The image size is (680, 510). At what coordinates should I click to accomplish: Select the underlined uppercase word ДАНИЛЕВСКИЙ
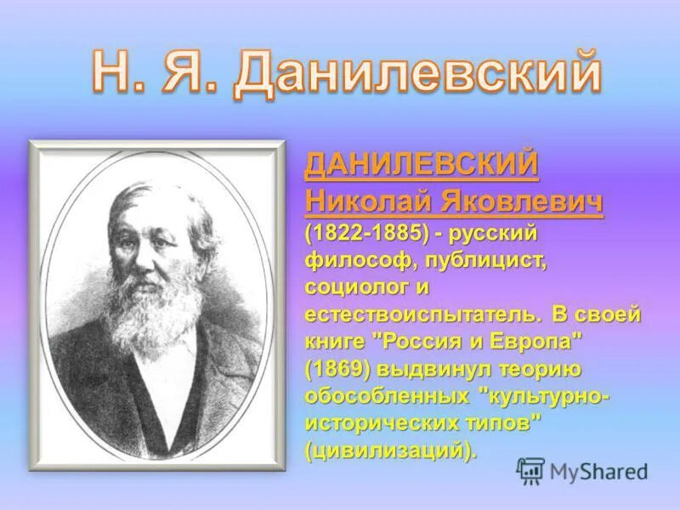[x=422, y=165]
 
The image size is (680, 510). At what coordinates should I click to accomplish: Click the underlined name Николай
[x=368, y=202]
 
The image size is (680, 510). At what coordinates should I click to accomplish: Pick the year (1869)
[x=340, y=369]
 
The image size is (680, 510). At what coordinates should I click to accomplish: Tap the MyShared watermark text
[x=598, y=471]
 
